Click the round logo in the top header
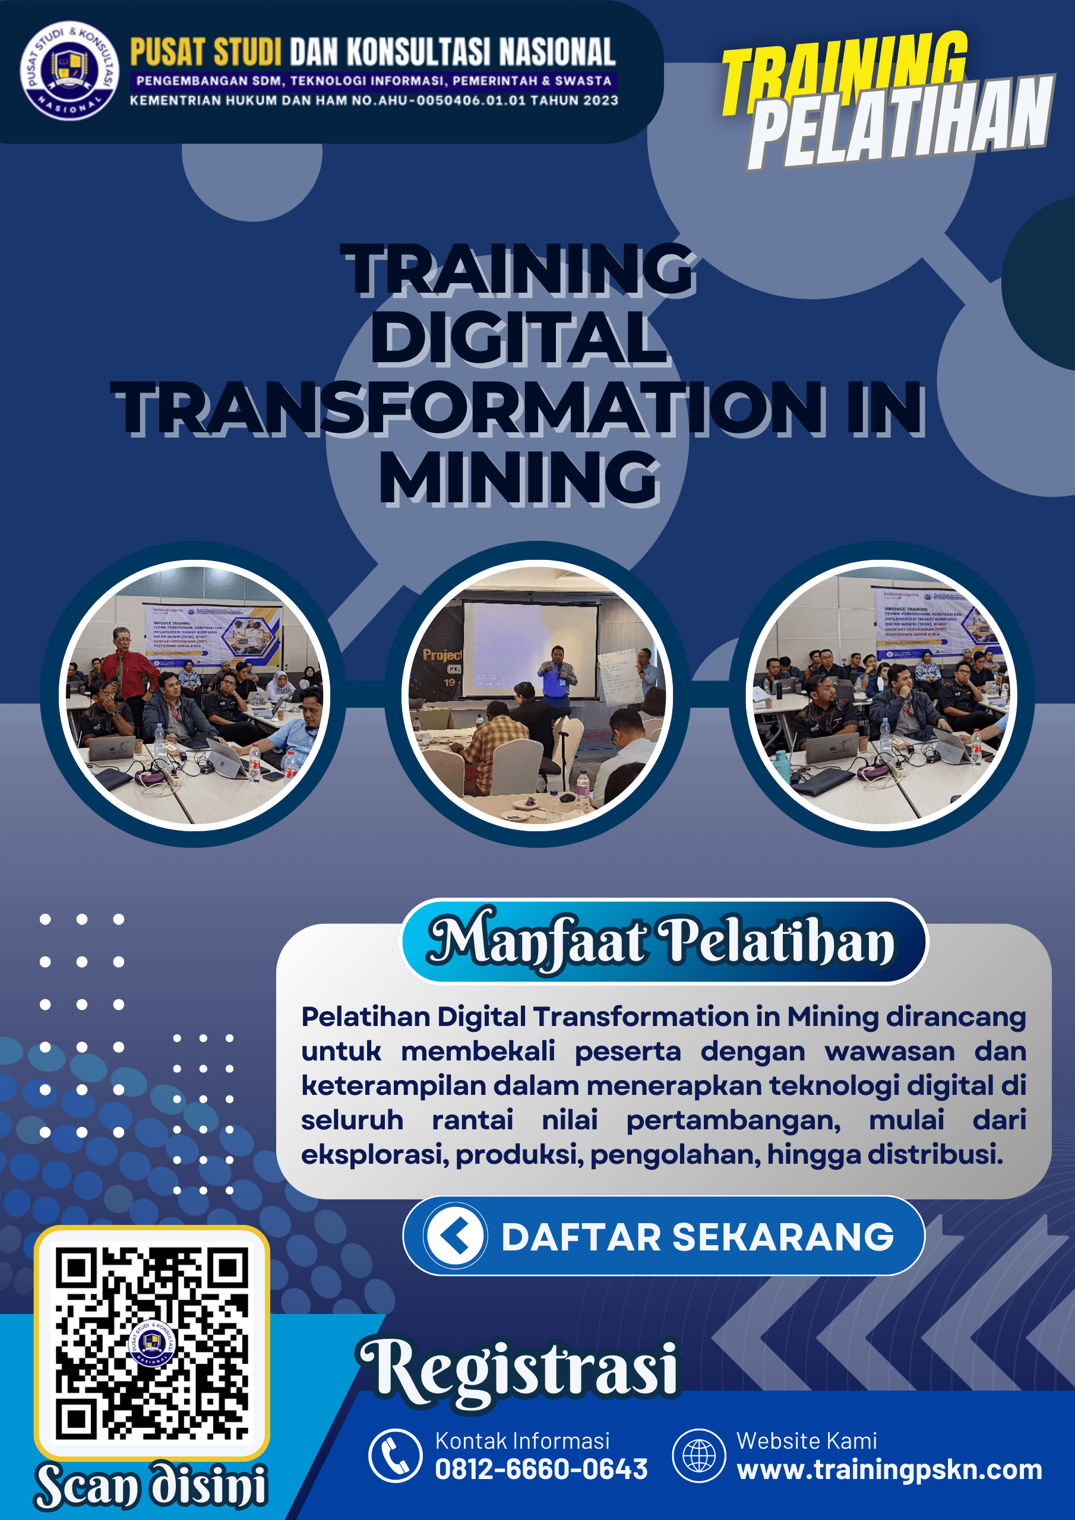69,70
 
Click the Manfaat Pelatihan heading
662,940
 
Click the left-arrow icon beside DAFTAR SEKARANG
455,1236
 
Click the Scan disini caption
151,1486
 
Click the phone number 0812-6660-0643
540,1469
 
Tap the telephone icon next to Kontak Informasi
396,1456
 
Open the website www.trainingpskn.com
889,1469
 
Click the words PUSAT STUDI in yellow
205,52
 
